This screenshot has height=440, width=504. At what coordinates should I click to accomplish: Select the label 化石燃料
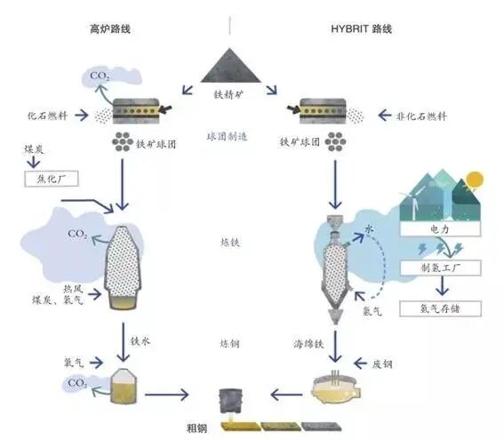[47, 115]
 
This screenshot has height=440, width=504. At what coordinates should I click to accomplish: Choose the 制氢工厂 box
[441, 267]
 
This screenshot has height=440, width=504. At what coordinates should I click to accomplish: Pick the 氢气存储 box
[441, 308]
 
